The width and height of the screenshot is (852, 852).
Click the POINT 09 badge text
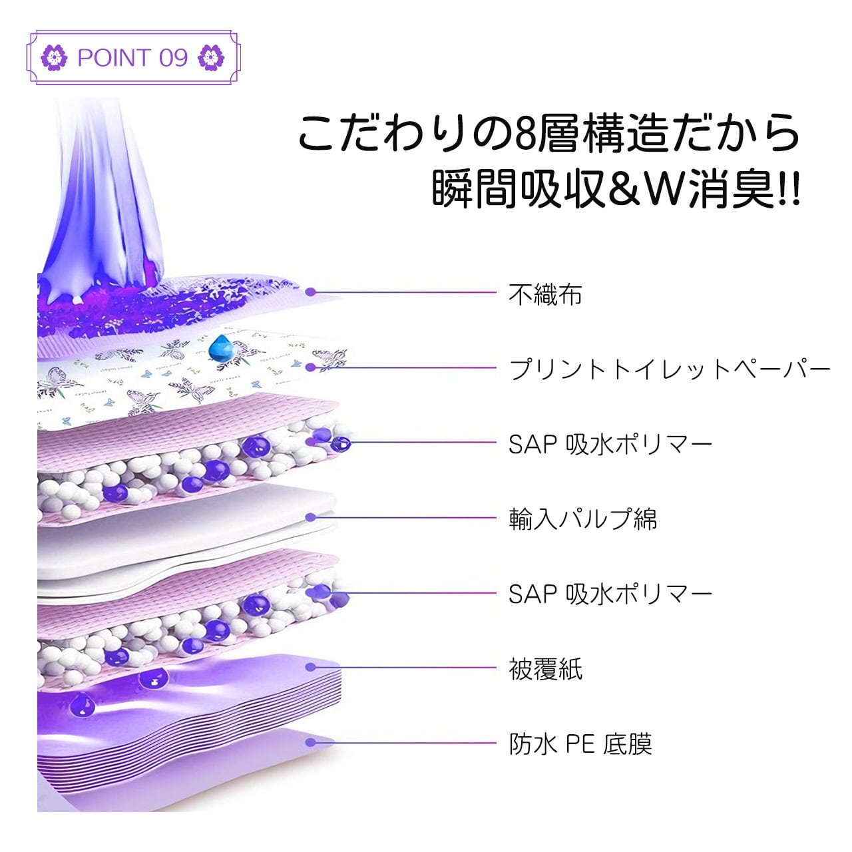click(132, 58)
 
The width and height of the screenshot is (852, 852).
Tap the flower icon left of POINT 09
click(54, 58)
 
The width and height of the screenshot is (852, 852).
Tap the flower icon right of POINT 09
click(212, 58)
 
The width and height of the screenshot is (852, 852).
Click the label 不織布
click(545, 294)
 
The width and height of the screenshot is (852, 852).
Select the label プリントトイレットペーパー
click(670, 369)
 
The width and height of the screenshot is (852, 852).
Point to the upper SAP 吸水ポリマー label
click(610, 444)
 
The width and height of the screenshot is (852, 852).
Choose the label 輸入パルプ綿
click(583, 519)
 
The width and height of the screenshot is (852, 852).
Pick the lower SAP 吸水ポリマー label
click(610, 594)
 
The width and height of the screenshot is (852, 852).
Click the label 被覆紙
click(545, 669)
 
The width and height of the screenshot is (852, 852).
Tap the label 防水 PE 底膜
click(580, 744)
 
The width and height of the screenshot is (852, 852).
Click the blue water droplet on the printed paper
click(219, 347)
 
